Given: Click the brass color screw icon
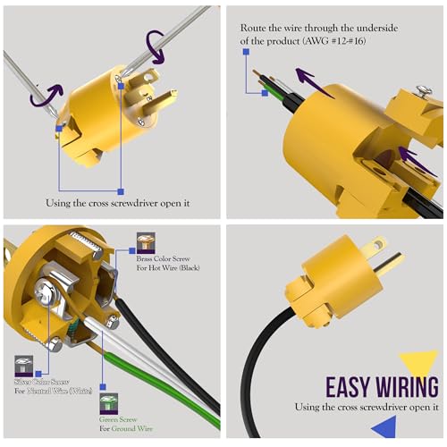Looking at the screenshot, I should [145, 242].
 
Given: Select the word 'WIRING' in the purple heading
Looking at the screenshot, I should [407, 387].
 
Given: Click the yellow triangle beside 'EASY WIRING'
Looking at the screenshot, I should [419, 363].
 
